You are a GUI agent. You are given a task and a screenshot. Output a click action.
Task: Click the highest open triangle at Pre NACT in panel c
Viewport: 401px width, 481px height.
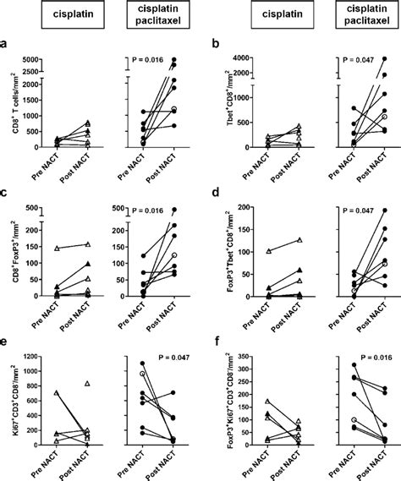(57, 249)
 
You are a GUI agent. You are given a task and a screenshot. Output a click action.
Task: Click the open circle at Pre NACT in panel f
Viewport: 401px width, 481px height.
(329, 419)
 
